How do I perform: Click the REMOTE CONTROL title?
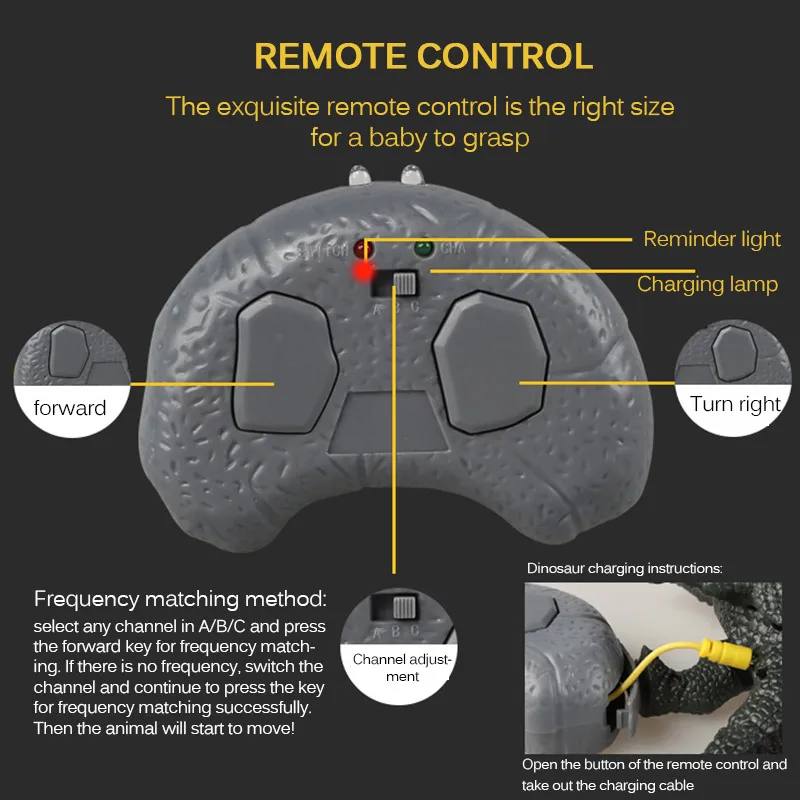coord(423,55)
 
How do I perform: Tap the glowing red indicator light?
coord(362,272)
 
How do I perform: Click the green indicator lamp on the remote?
coord(423,247)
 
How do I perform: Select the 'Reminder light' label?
coord(712,239)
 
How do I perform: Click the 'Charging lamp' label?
coord(707,284)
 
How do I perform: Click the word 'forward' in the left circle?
coord(69,407)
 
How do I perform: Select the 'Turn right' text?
coord(735,404)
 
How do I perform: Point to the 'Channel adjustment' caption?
coord(402,668)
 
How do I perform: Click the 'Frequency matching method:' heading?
coord(180,600)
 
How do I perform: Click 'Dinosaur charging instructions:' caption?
coord(624,568)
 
